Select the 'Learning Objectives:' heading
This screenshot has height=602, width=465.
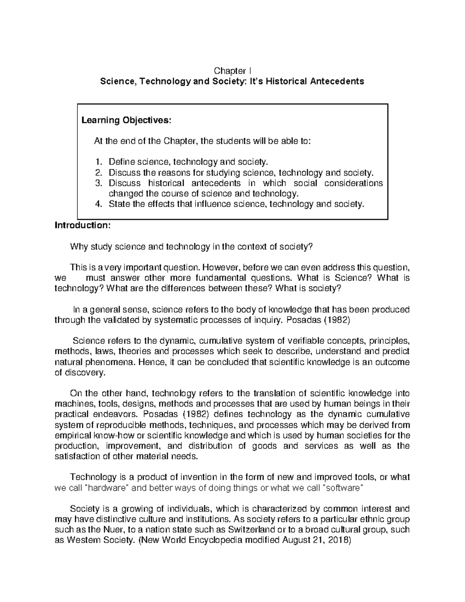(126, 120)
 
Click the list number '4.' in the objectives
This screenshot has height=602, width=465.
(98, 204)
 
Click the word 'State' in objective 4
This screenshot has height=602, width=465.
(119, 204)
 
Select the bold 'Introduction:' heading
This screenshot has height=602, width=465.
(83, 225)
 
